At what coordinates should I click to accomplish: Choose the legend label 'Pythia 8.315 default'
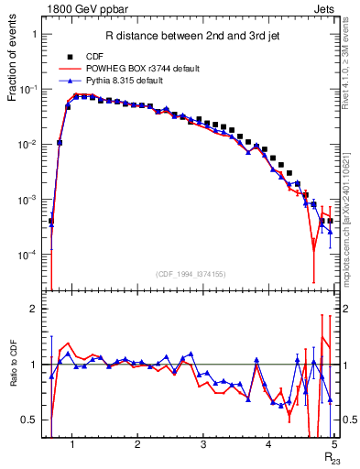point(126,81)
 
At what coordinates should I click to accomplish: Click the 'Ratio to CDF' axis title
point(14,376)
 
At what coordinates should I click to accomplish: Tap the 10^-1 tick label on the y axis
point(28,89)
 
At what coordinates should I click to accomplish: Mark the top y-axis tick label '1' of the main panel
point(34,34)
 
